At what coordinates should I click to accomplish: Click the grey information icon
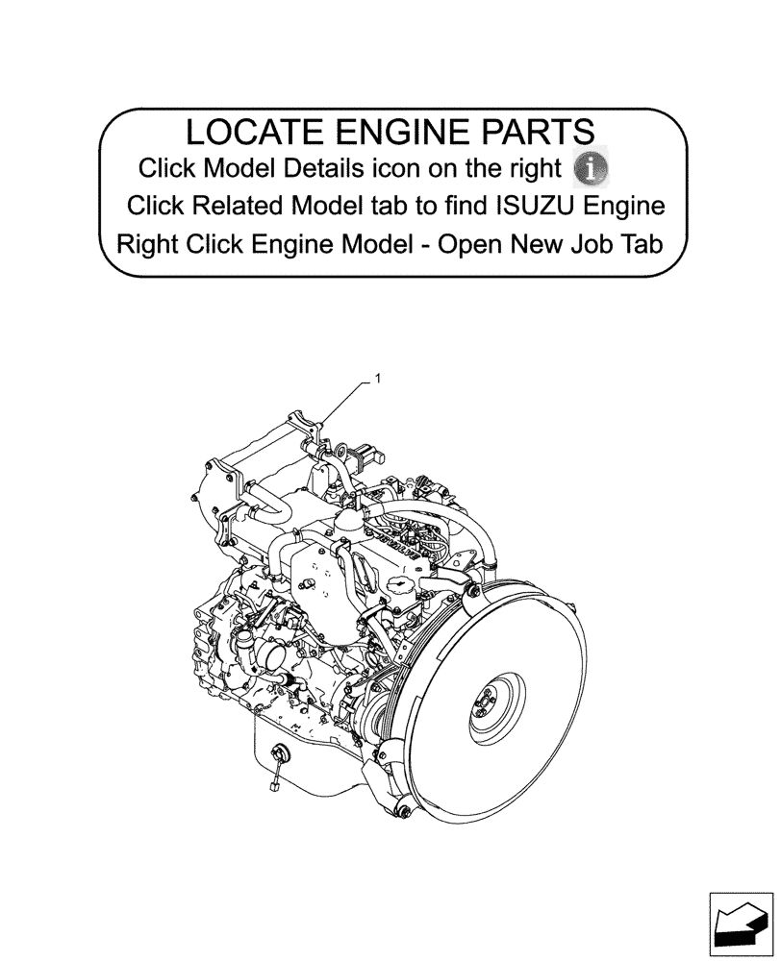(591, 168)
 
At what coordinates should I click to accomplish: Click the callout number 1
(378, 380)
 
